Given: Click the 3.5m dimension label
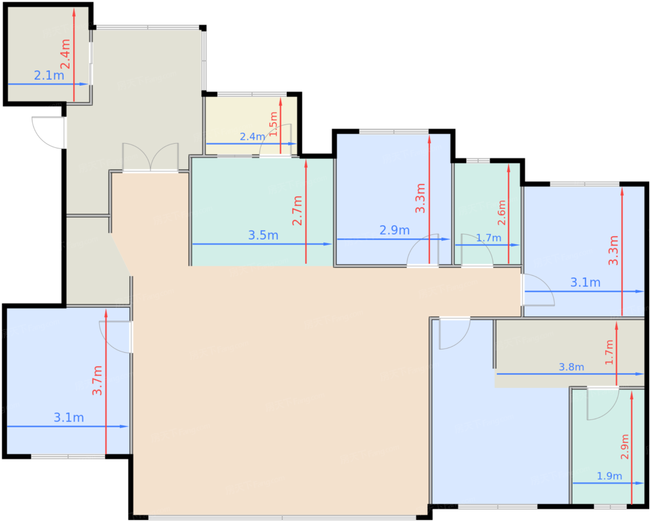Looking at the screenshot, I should (263, 235).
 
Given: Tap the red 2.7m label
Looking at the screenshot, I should (297, 210).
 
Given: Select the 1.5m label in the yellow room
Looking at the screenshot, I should (273, 124).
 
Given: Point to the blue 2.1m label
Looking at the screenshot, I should (49, 75).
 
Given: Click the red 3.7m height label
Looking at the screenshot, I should (97, 380).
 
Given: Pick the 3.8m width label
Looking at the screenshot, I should (571, 367).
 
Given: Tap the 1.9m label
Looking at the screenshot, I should (609, 476).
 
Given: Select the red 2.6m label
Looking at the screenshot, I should (501, 213).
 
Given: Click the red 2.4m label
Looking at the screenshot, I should (66, 54).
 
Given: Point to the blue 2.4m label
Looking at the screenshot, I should (252, 137).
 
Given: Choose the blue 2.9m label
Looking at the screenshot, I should (394, 230).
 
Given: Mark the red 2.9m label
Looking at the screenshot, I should (624, 447).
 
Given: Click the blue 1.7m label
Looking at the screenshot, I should (489, 238).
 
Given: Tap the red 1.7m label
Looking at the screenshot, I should (609, 352).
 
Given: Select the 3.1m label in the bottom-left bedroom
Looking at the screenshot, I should (69, 418).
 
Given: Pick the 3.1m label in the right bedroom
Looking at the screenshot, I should (585, 282).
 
